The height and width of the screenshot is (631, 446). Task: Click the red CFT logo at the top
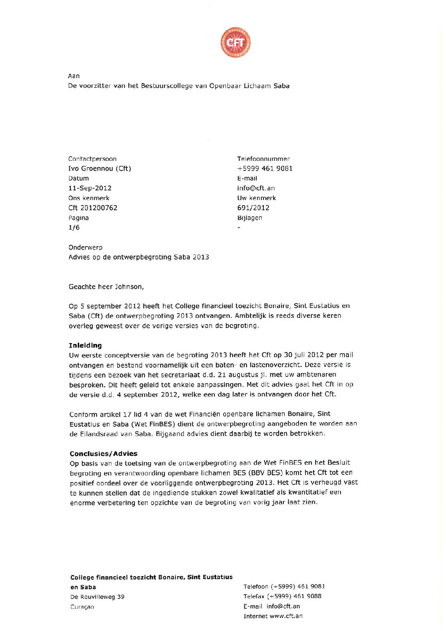tap(235, 43)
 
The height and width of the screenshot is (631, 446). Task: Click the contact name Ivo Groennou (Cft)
tap(99, 168)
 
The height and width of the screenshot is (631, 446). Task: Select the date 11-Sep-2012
tap(90, 188)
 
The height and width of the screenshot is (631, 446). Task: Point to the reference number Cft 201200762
tap(93, 208)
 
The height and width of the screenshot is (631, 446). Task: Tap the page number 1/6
tap(74, 227)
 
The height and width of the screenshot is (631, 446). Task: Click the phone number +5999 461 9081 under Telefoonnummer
tap(265, 168)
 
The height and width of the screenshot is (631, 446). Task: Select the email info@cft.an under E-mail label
tap(256, 188)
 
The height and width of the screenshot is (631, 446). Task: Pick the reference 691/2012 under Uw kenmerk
tap(253, 208)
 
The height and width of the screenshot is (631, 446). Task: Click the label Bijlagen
tap(250, 218)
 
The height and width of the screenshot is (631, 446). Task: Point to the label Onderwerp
tap(85, 247)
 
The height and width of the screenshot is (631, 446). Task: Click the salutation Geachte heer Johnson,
tap(106, 287)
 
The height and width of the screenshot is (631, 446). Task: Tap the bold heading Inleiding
tap(85, 345)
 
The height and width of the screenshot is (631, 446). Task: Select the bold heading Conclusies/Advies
tap(103, 454)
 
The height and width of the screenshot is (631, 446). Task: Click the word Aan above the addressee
tap(74, 76)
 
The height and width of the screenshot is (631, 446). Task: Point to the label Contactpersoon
tap(92, 159)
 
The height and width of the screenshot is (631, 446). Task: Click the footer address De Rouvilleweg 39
tap(97, 597)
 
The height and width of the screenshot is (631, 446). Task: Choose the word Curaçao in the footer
tap(82, 607)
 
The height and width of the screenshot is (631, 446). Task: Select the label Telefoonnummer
tap(263, 159)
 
